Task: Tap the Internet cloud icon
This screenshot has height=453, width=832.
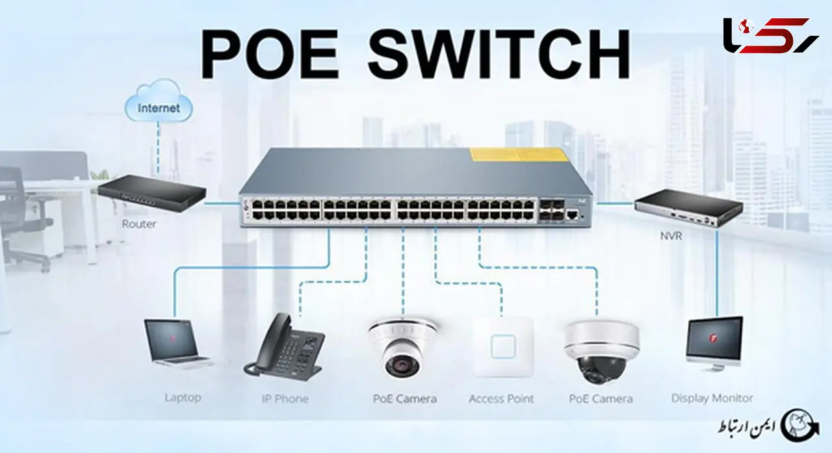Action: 159,100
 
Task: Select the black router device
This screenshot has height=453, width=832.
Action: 152,193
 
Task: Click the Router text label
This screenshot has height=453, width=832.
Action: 139,224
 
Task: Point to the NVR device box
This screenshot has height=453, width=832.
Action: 688,207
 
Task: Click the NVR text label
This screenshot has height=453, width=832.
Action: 671,236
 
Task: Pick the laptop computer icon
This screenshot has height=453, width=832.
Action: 177,344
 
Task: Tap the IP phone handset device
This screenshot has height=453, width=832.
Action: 283,347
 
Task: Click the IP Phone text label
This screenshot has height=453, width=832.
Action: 285,399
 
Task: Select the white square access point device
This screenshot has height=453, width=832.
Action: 503,347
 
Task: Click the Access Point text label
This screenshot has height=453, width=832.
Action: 501,399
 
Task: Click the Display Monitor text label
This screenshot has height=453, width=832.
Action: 712,398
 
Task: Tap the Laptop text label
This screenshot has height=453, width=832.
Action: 183,397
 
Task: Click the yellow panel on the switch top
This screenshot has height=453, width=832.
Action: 519,155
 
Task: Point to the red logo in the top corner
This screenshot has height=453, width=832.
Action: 771,35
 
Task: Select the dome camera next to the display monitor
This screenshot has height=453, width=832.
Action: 601,352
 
